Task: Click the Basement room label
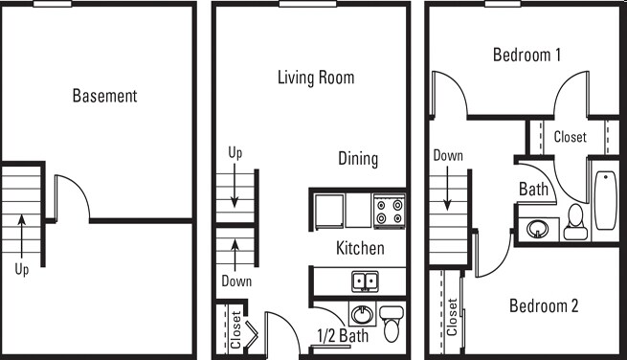click(104, 96)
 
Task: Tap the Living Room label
click(316, 78)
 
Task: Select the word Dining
click(358, 159)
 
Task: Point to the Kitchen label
click(360, 248)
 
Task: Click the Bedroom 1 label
click(526, 55)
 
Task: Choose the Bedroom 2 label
click(543, 306)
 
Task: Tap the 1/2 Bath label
click(342, 336)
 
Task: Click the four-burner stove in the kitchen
click(389, 211)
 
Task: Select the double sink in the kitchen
click(364, 281)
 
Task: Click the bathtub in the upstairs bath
click(605, 201)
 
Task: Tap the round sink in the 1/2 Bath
click(361, 314)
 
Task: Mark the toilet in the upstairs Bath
click(576, 223)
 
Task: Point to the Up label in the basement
click(22, 270)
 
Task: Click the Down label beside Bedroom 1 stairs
click(448, 155)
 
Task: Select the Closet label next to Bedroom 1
click(571, 138)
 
